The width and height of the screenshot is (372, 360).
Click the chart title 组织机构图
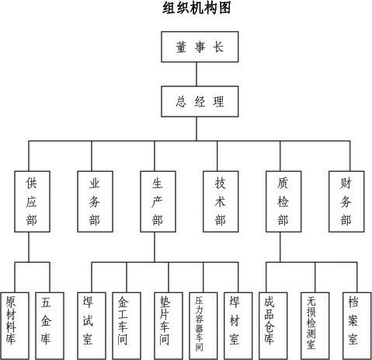(x=196, y=8)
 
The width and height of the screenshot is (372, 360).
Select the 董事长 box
(x=200, y=47)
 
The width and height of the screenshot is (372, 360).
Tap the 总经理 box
(x=200, y=101)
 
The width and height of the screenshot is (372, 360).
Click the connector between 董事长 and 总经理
(x=196, y=74)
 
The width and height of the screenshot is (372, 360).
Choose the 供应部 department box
(x=32, y=201)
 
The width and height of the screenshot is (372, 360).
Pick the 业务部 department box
(x=95, y=201)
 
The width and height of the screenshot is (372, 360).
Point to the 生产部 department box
(x=158, y=201)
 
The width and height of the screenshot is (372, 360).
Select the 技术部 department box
(x=221, y=201)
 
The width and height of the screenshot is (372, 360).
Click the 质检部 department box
(x=283, y=201)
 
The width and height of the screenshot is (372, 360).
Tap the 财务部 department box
(x=346, y=201)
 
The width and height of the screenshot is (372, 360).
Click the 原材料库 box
(x=15, y=326)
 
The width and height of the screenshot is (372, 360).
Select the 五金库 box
(x=50, y=326)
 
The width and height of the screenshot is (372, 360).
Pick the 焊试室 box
(x=92, y=326)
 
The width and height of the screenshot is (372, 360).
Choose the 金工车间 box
(x=127, y=326)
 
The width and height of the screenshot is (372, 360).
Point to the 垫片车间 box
(x=169, y=326)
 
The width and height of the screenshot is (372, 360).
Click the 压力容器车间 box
(x=203, y=326)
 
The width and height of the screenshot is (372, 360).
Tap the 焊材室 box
(x=238, y=326)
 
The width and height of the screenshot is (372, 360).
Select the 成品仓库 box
(x=273, y=326)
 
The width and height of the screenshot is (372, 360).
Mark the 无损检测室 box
(x=315, y=326)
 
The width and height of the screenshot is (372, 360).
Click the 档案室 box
(x=357, y=326)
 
